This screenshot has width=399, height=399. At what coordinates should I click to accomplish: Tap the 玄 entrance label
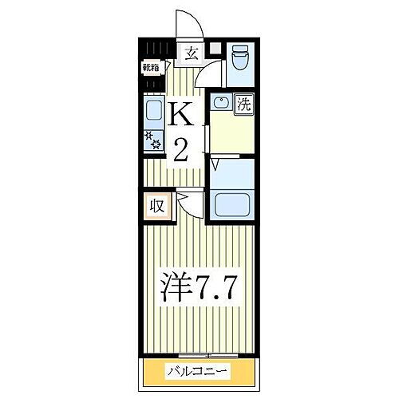point(192,54)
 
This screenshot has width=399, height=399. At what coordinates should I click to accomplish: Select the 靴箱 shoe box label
point(152,69)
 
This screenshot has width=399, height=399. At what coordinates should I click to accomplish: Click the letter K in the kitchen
point(180,116)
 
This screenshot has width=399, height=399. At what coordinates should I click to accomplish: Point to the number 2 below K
point(180,149)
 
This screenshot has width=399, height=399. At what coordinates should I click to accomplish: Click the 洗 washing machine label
point(245,103)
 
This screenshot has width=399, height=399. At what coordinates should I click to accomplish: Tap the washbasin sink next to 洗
point(221,103)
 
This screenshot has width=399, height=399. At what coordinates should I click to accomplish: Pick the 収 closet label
point(156,206)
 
